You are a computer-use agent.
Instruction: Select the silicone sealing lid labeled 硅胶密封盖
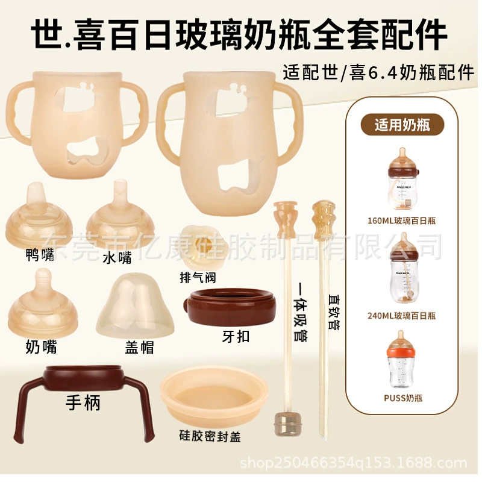(213, 398)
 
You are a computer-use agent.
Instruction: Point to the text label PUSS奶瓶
(402, 398)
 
